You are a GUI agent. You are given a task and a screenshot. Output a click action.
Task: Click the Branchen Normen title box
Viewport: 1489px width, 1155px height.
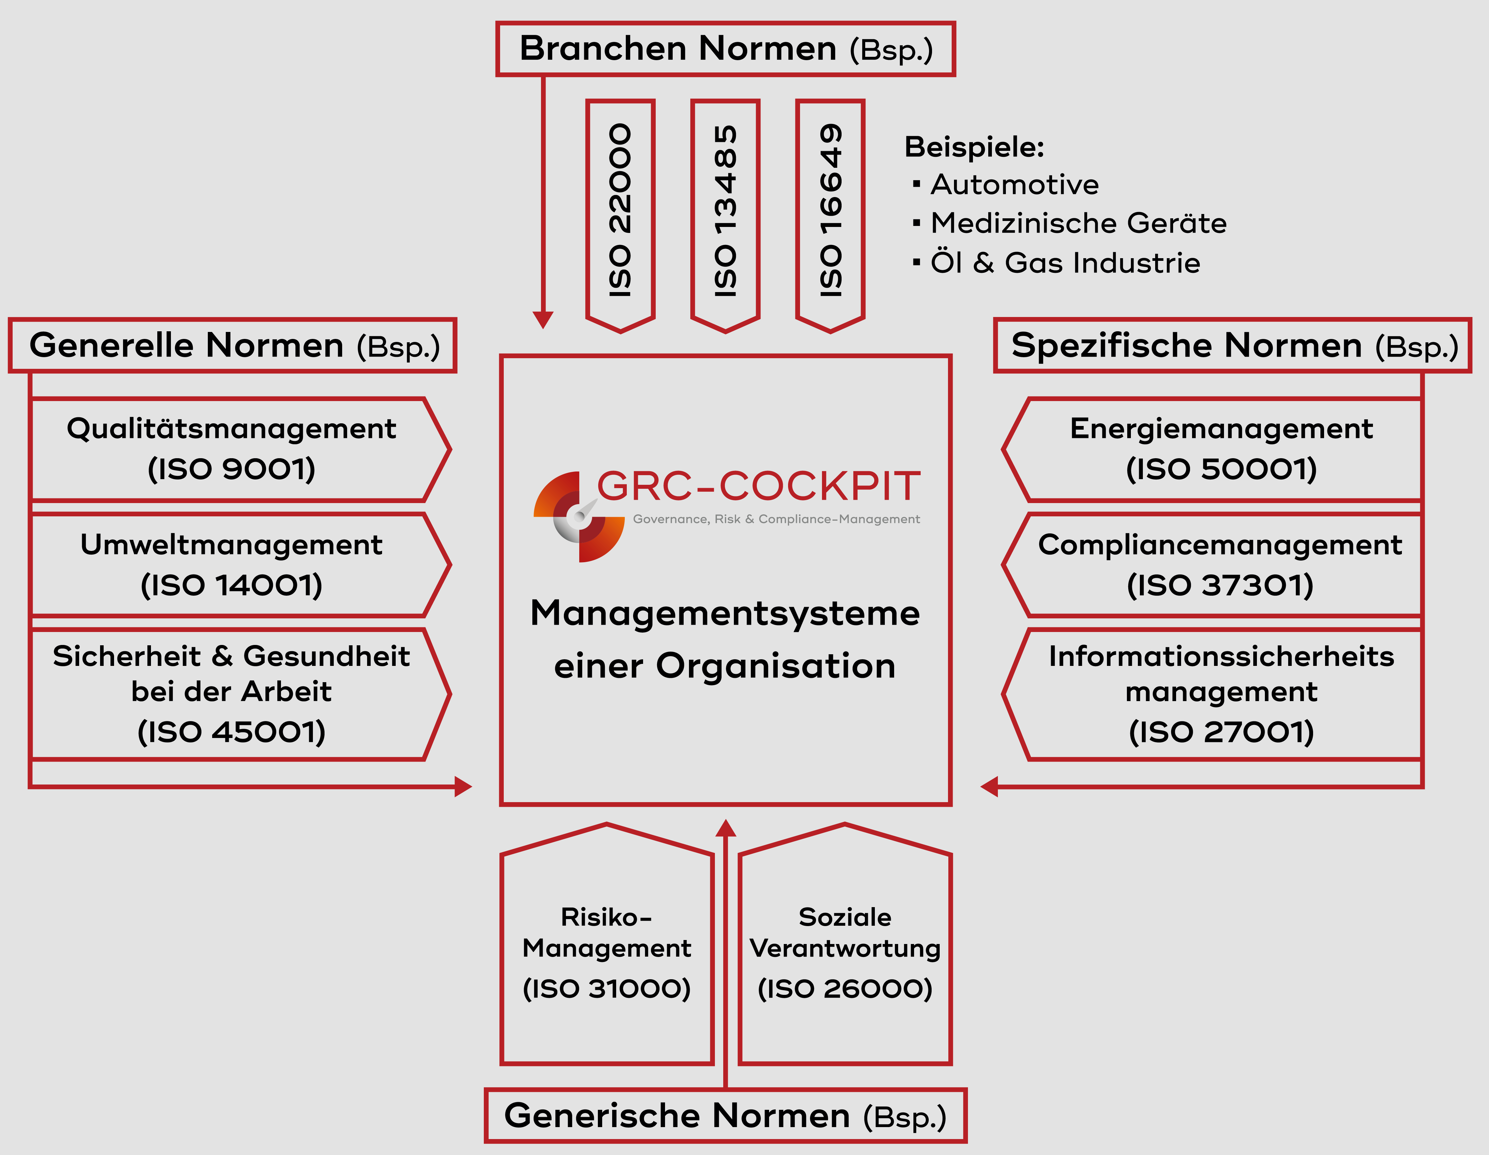click(726, 49)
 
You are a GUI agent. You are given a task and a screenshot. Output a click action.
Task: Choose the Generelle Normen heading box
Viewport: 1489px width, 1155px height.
click(232, 346)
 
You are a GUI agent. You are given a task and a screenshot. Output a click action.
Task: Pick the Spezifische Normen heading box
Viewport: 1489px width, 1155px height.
click(1233, 346)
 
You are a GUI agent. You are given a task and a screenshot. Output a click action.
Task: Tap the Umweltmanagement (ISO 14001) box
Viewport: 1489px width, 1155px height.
click(232, 565)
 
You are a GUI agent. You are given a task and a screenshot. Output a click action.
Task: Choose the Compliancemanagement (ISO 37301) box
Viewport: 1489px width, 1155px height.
click(1220, 565)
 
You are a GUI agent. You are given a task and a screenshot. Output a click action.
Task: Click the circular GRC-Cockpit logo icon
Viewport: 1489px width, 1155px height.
click(579, 516)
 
